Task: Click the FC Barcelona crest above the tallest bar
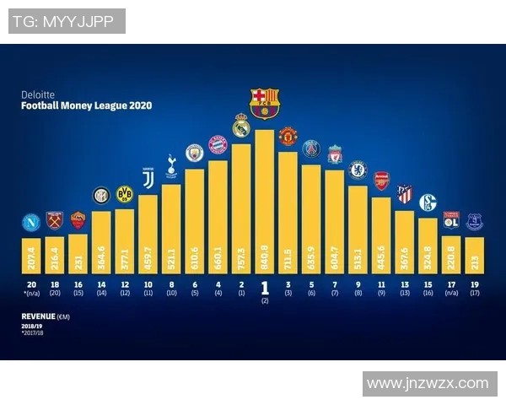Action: tap(265, 102)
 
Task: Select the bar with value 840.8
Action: tap(265, 202)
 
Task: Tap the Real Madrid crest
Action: tap(241, 127)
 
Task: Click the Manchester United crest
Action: tap(288, 136)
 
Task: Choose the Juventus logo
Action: tap(148, 178)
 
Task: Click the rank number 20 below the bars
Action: tap(31, 285)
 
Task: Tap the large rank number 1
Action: tap(265, 287)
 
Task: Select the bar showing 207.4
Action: tap(31, 251)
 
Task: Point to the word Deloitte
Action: tap(37, 95)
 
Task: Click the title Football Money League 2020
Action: tap(87, 106)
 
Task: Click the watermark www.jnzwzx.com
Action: tap(428, 383)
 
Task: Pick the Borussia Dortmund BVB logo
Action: tap(125, 194)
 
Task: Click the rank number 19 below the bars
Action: tap(475, 285)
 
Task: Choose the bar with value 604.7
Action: tap(335, 219)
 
